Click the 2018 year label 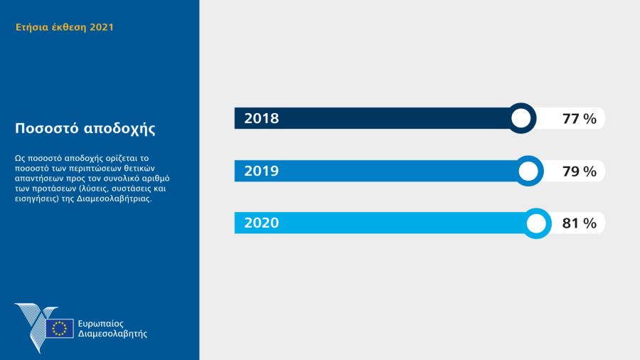[x=261, y=119]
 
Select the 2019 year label [x=261, y=171]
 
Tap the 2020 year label [x=261, y=223]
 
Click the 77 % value [x=579, y=119]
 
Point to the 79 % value [x=579, y=171]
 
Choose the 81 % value [x=579, y=223]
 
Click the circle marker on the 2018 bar [x=521, y=118]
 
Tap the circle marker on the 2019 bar [x=528, y=171]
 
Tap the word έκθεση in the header [x=68, y=28]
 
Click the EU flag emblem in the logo [x=60, y=328]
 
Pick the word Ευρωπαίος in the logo [x=102, y=323]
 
